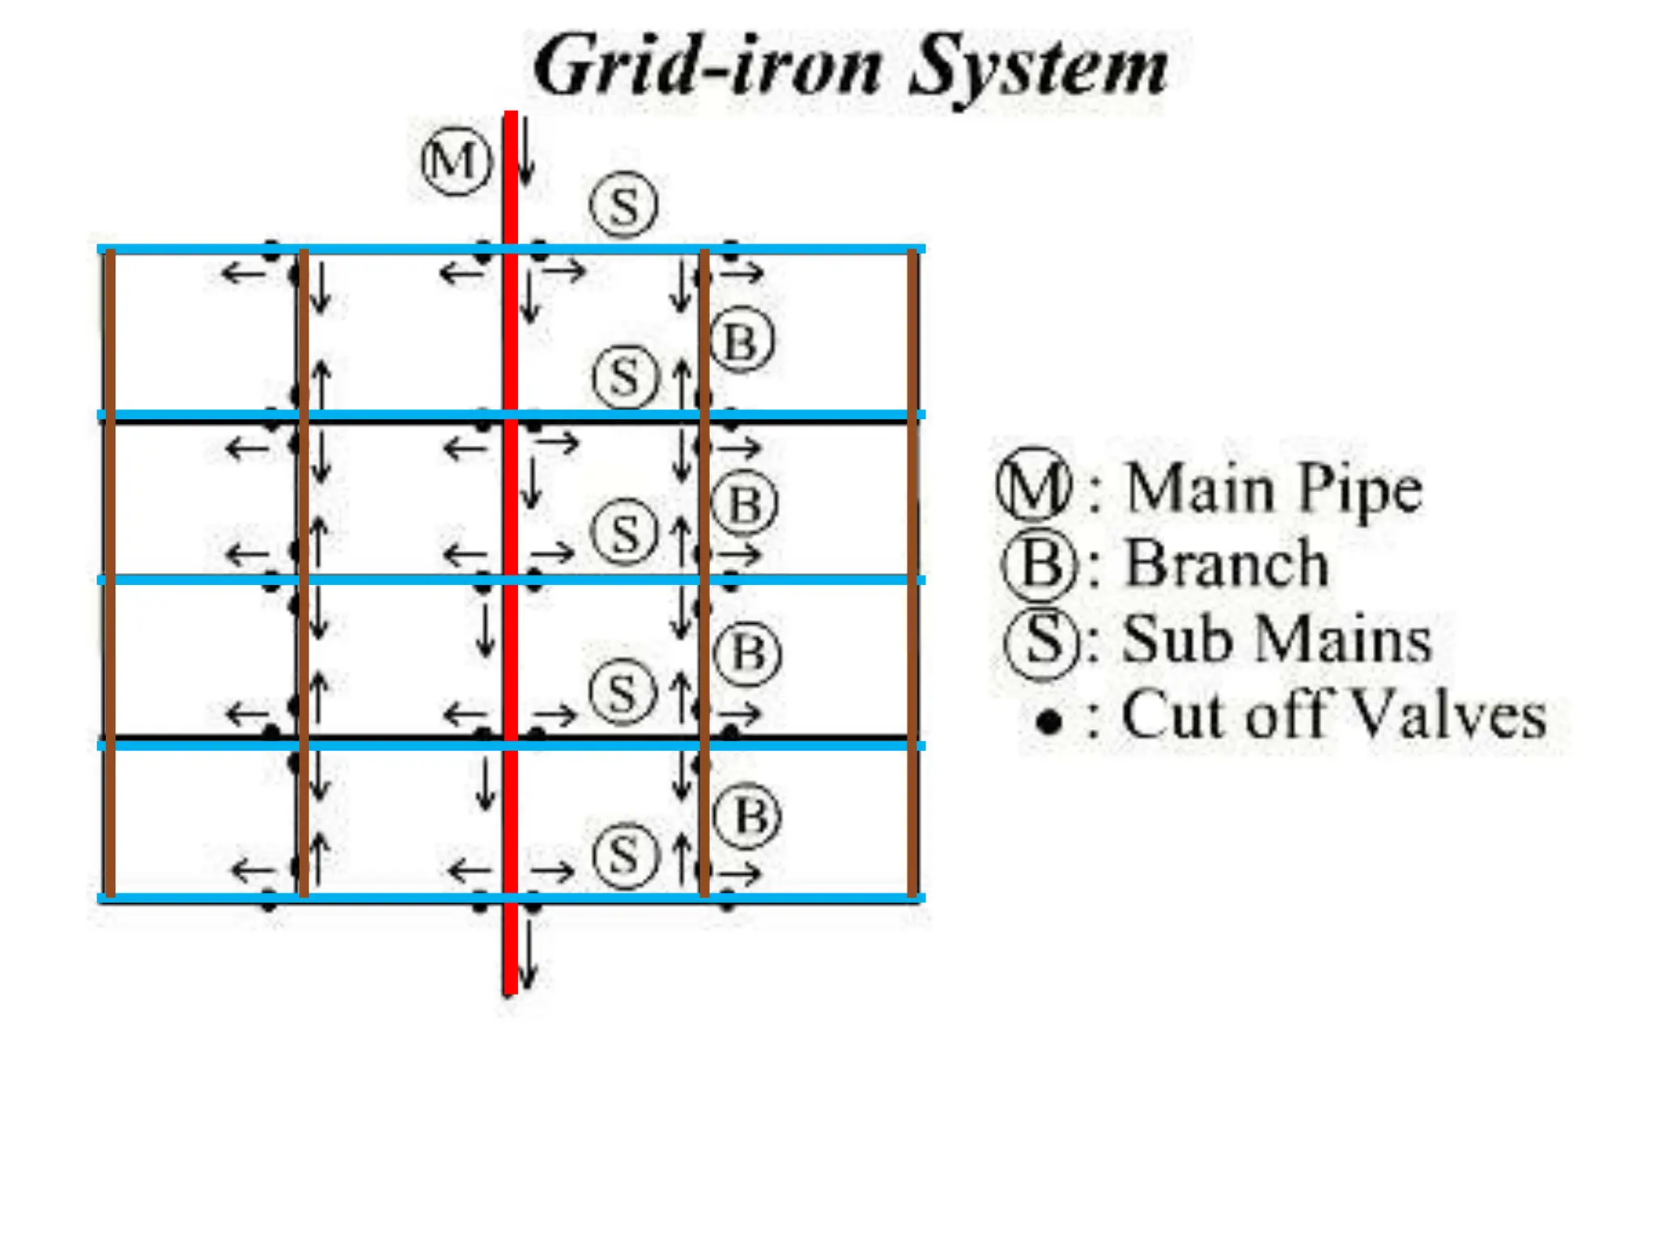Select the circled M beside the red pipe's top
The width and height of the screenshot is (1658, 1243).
coord(457,161)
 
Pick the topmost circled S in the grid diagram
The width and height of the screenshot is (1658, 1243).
coord(623,205)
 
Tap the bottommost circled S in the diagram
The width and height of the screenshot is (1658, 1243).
coord(624,855)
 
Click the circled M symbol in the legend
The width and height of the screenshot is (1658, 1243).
coord(1035,485)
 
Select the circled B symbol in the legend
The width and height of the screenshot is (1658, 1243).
coord(1040,563)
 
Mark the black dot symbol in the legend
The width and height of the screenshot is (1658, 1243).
coord(1048,720)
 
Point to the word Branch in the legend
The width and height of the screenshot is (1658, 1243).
coord(1226,563)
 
